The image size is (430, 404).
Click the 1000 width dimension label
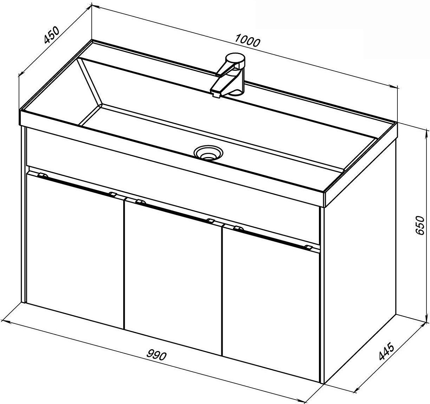point(247,40)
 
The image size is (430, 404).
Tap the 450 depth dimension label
point(52,35)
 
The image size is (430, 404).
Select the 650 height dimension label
point(420,225)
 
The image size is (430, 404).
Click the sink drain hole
point(208,152)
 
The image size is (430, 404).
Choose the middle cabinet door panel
point(173,278)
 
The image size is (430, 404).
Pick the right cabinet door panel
point(271,305)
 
